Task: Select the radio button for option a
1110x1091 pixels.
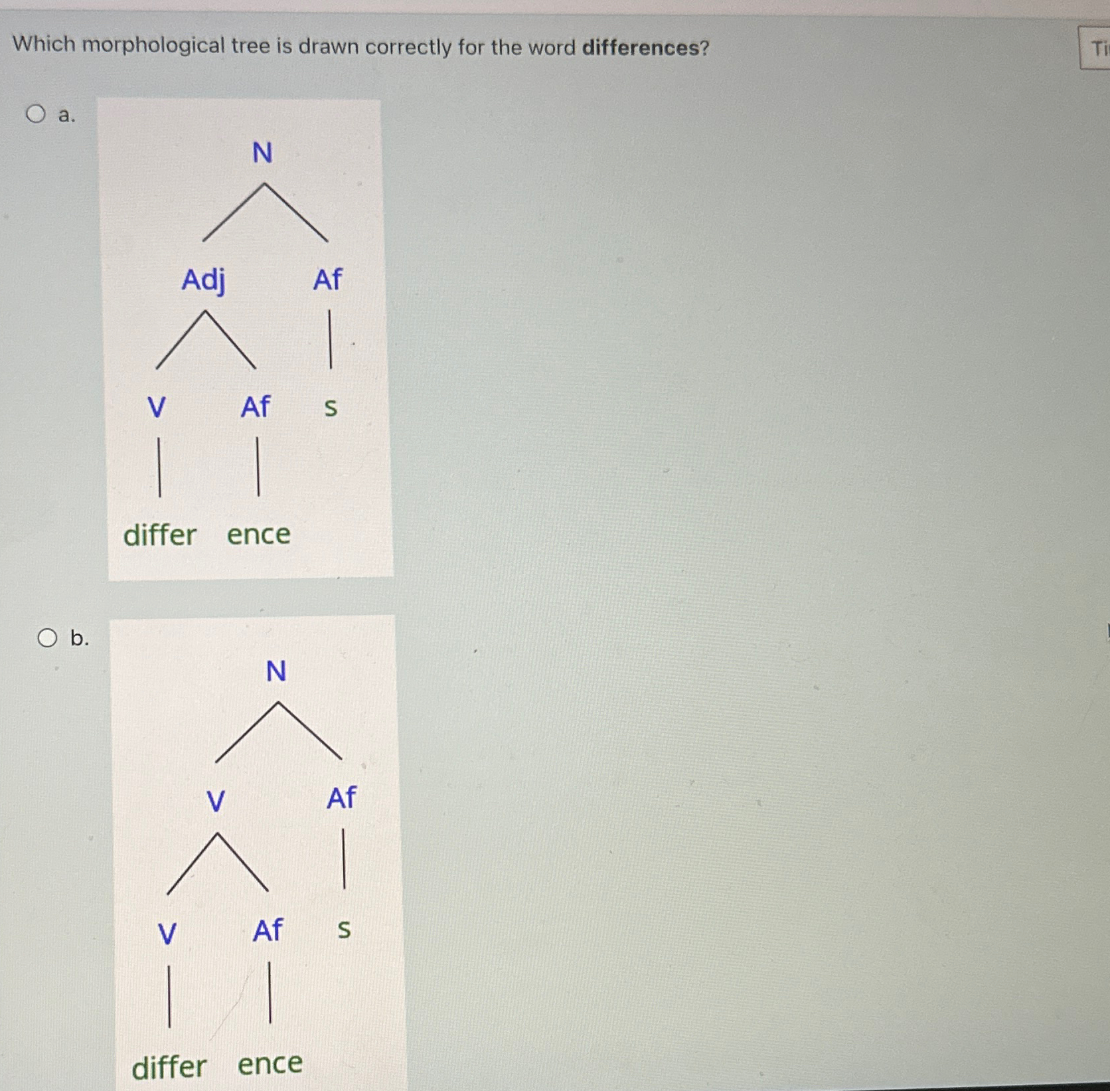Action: (36, 114)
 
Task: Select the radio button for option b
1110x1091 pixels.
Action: (47, 638)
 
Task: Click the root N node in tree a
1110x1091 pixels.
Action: (262, 153)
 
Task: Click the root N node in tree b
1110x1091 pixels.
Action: (276, 671)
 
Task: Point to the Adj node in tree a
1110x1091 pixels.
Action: (204, 280)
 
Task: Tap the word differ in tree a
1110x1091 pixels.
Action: (160, 535)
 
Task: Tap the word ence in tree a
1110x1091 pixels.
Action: (258, 535)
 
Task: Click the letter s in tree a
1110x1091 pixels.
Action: (331, 407)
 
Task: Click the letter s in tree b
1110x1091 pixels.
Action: (344, 930)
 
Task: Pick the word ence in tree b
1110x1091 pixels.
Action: (270, 1064)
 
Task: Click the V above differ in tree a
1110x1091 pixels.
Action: (157, 407)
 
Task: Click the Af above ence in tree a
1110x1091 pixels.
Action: (256, 407)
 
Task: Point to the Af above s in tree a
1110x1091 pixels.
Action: (327, 280)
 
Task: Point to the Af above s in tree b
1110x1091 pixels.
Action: (341, 798)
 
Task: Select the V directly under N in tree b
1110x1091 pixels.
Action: (216, 801)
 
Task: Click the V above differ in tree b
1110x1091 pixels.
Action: (167, 934)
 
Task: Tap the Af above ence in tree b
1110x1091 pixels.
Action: (268, 931)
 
